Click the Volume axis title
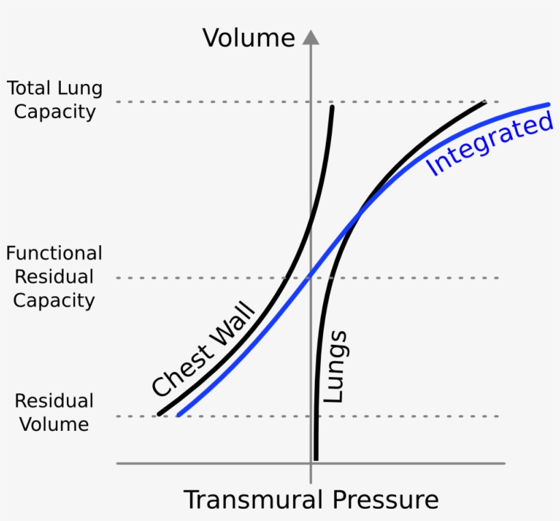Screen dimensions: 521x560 click(249, 38)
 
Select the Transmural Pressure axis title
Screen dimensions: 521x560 click(311, 500)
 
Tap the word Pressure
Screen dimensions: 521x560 click(386, 500)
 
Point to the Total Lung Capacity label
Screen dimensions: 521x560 click(55, 100)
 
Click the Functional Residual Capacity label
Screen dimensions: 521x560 click(54, 277)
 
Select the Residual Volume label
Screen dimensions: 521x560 click(54, 412)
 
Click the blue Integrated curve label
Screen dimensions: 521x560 click(490, 145)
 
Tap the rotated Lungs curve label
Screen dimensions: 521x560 click(335, 367)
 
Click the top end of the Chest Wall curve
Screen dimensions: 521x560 click(332, 107)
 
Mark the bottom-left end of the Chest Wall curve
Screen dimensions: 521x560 click(159, 414)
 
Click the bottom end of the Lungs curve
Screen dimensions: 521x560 click(316, 458)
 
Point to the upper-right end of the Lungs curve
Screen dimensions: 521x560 click(485, 102)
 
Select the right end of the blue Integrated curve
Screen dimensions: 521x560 click(548, 104)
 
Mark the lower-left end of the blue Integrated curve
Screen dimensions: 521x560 click(178, 414)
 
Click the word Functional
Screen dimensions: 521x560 click(54, 253)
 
